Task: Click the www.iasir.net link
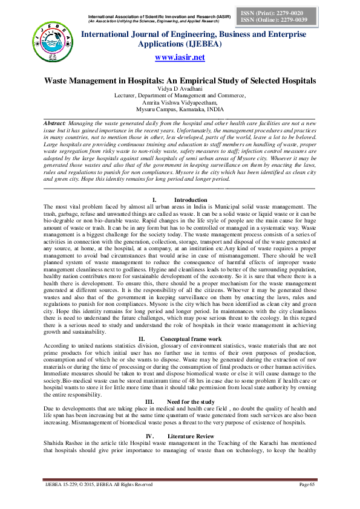tap(180, 57)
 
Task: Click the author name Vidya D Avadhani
tap(180, 88)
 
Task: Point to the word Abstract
tap(58, 123)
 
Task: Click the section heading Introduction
tap(191, 199)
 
